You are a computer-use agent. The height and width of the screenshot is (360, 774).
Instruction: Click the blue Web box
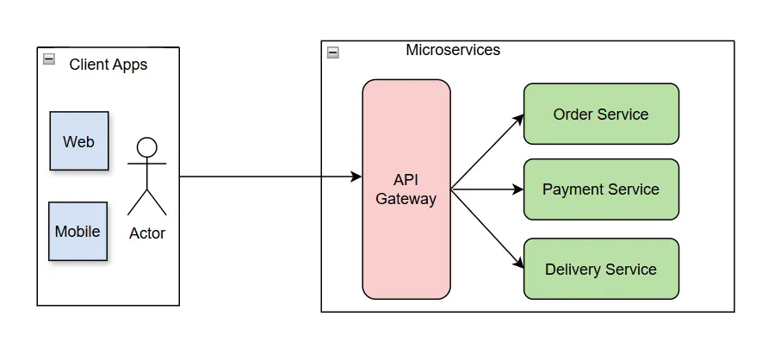pos(79,141)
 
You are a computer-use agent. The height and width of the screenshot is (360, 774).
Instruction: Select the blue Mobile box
pos(77,232)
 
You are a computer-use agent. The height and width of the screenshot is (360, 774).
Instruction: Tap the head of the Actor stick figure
pos(147,147)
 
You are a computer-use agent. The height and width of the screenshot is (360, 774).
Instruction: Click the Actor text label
pos(147,233)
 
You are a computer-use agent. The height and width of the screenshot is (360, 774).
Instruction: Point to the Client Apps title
pos(108,65)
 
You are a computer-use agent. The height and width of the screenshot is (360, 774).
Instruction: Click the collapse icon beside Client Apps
pos(49,59)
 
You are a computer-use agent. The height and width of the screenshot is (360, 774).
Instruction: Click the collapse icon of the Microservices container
pos(333,53)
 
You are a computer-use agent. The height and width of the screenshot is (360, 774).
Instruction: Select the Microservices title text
pos(453,50)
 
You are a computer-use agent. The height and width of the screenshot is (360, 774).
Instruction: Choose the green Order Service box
pos(601,114)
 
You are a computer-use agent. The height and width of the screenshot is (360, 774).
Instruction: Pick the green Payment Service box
pos(601,189)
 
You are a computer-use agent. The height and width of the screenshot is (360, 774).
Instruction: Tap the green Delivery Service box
pos(601,270)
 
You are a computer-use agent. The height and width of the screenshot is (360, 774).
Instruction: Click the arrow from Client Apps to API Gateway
pos(267,177)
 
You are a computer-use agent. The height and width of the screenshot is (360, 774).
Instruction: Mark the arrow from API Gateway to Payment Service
pos(487,189)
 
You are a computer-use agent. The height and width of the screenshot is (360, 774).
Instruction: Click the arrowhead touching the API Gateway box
pos(356,177)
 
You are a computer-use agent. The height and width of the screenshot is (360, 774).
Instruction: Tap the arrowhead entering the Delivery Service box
pos(519,264)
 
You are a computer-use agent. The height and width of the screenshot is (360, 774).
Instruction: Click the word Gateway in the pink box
pos(406,199)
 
